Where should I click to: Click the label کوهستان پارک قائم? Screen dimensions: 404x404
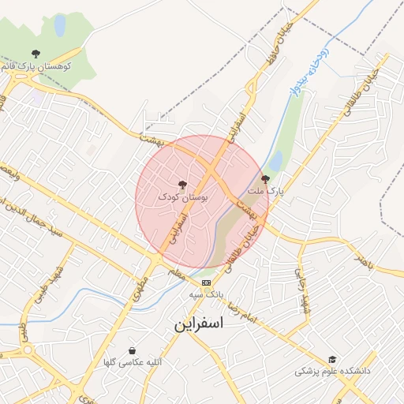point(38,66)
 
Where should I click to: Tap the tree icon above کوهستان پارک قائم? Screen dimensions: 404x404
point(36,54)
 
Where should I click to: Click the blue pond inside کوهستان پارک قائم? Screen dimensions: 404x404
point(59,25)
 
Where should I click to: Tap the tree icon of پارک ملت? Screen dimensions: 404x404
point(264,179)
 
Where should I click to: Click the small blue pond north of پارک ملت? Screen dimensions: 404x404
point(275,162)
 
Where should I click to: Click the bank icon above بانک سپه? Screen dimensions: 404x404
point(207,282)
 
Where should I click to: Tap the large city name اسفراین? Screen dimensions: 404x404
point(199,324)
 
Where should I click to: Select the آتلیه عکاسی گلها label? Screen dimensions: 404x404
point(133,362)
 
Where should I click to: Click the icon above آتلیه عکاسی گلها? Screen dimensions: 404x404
point(132,350)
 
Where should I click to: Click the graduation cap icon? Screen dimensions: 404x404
point(332,359)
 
